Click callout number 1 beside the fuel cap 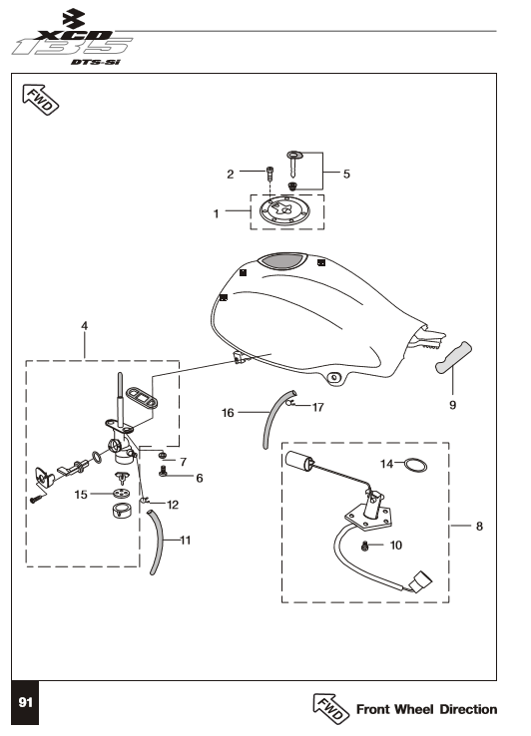pyautogui.click(x=217, y=214)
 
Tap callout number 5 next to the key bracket pyautogui.click(x=346, y=175)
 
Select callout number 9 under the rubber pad pyautogui.click(x=452, y=405)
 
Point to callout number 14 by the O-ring pyautogui.click(x=386, y=464)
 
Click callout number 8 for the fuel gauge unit pyautogui.click(x=479, y=527)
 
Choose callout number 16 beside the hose pyautogui.click(x=228, y=413)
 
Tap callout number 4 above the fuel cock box pyautogui.click(x=85, y=326)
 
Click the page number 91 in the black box pyautogui.click(x=25, y=702)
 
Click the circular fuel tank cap pyautogui.click(x=284, y=211)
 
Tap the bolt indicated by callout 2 pyautogui.click(x=270, y=176)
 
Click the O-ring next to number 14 pyautogui.click(x=416, y=465)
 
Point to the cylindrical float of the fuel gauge pyautogui.click(x=299, y=460)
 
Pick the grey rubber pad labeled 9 pyautogui.click(x=453, y=358)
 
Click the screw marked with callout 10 pyautogui.click(x=365, y=546)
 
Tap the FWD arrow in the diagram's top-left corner pyautogui.click(x=40, y=100)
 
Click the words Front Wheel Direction pyautogui.click(x=426, y=709)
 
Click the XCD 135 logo pyautogui.click(x=73, y=39)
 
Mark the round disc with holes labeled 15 pyautogui.click(x=122, y=494)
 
